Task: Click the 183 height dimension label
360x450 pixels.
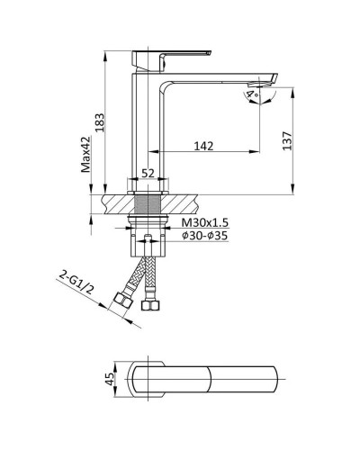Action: (100, 122)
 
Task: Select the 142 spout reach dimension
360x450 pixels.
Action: (203, 146)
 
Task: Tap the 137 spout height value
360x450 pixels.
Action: (287, 140)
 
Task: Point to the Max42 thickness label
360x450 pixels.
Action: (85, 155)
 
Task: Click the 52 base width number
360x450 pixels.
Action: (148, 173)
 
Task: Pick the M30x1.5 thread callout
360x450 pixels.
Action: (205, 223)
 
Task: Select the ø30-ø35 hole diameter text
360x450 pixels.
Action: (205, 236)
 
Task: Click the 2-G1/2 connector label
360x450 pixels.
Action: (76, 283)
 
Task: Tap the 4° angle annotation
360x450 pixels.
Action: (252, 95)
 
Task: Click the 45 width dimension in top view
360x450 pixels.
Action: (110, 379)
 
